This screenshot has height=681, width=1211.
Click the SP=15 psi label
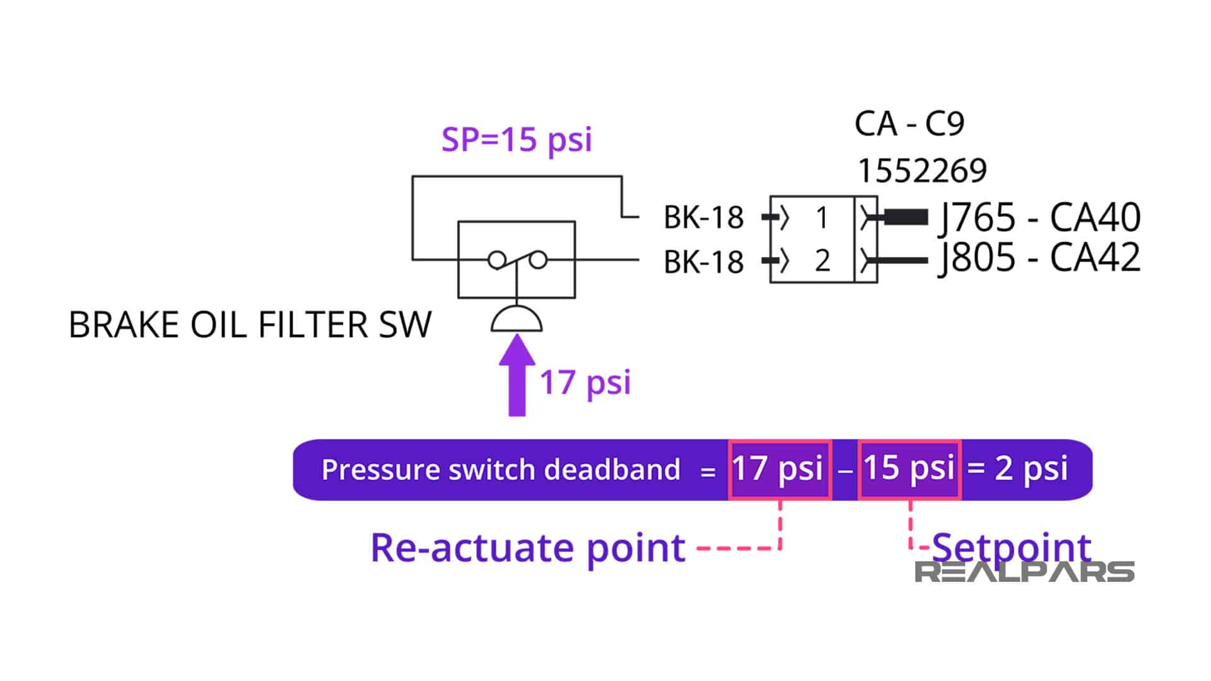pyautogui.click(x=517, y=139)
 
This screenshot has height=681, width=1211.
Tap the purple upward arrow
pyautogui.click(x=517, y=376)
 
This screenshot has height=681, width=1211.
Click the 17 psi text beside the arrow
pyautogui.click(x=585, y=382)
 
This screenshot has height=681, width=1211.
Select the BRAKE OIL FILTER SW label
pyautogui.click(x=250, y=325)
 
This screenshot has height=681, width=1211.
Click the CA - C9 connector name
pyautogui.click(x=909, y=124)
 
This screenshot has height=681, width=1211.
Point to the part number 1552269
pyautogui.click(x=921, y=171)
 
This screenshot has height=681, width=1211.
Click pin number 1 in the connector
pyautogui.click(x=821, y=218)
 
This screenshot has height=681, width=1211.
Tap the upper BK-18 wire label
pyautogui.click(x=703, y=218)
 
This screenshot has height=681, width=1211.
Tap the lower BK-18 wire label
pyautogui.click(x=703, y=262)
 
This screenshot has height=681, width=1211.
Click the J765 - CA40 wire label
pyautogui.click(x=1039, y=218)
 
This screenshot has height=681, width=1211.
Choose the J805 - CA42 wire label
pyautogui.click(x=1039, y=258)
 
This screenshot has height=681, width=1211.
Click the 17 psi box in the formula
pyautogui.click(x=780, y=469)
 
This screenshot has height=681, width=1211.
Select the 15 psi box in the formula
pyautogui.click(x=910, y=469)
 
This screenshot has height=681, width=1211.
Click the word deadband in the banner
pyautogui.click(x=612, y=470)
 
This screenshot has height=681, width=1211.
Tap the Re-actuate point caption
pyautogui.click(x=527, y=547)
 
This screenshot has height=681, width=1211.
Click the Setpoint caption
pyautogui.click(x=1010, y=546)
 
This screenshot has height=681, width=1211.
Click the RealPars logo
pyautogui.click(x=1024, y=572)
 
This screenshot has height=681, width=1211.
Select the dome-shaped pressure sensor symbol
pyautogui.click(x=517, y=319)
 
